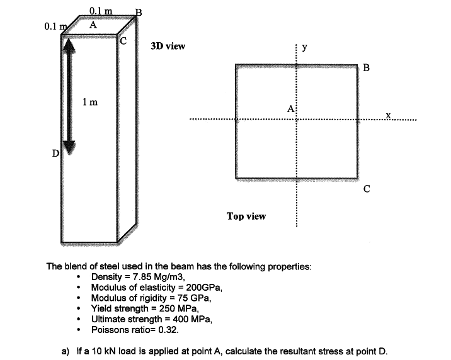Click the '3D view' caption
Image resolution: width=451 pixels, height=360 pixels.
[168, 46]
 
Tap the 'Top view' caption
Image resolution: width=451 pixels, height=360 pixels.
[246, 216]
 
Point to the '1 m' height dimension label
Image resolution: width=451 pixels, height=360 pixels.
[90, 102]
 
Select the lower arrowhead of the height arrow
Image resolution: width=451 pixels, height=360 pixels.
[69, 147]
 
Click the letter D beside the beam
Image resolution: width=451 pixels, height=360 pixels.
[55, 154]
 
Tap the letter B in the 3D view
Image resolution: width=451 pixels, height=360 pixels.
[139, 13]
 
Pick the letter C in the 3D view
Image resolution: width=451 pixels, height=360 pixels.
[123, 41]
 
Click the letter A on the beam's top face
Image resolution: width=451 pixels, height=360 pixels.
[93, 25]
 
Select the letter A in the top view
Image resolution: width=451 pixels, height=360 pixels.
[290, 109]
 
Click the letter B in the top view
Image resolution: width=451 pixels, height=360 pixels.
[366, 67]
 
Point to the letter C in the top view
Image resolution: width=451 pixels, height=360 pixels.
[367, 189]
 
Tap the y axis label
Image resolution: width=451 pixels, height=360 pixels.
[305, 48]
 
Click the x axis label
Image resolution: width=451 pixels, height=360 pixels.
[388, 115]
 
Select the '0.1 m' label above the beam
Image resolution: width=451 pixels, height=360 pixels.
[101, 11]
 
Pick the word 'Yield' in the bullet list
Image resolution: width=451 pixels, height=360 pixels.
[101, 308]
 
